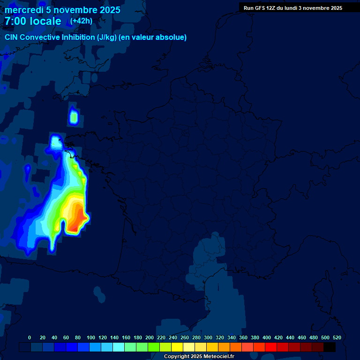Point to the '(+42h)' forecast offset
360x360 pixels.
pyautogui.click(x=82, y=21)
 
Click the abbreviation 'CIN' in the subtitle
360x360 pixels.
pyautogui.click(x=12, y=37)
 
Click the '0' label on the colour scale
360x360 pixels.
pyautogui.click(x=30, y=337)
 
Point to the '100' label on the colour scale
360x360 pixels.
pyautogui.click(x=91, y=337)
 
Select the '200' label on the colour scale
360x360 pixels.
pyautogui.click(x=150, y=337)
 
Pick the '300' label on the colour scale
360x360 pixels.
pyautogui.click(x=208, y=337)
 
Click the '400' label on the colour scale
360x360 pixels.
pyautogui.click(x=267, y=337)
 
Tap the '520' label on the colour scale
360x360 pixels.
pyautogui.click(x=337, y=337)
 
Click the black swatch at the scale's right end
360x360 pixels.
pyautogui.click(x=330, y=347)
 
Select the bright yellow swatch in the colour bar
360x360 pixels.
pyautogui.click(x=177, y=347)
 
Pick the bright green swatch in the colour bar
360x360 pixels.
pyautogui.click(x=154, y=347)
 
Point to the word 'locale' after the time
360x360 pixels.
pyautogui.click(x=45, y=21)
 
